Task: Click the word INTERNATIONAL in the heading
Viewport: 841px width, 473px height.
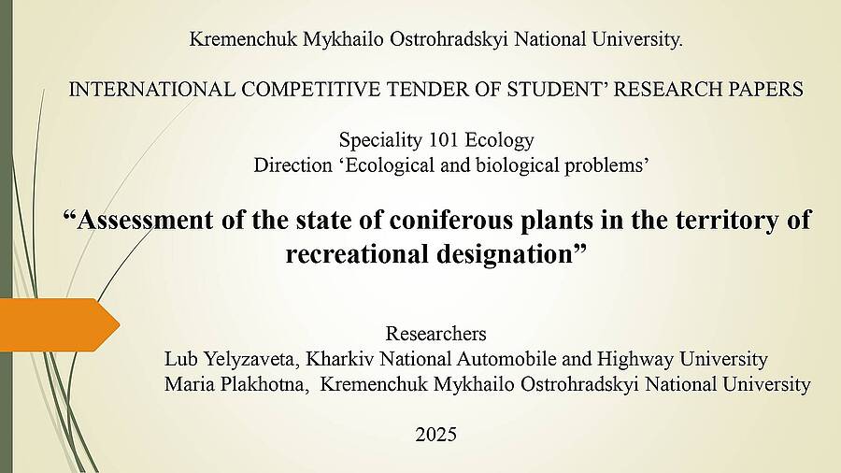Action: pos(151,89)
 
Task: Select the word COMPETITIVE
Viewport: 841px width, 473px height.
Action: pos(310,89)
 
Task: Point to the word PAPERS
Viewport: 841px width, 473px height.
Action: pos(765,89)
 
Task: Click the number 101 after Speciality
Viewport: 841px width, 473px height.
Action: pos(444,140)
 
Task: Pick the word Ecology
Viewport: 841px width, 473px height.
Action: pos(499,141)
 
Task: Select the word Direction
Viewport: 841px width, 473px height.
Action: pos(292,165)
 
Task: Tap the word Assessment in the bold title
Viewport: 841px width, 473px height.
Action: pos(145,220)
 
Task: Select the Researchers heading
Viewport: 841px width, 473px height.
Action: pos(436,334)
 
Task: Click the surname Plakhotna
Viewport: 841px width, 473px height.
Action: pos(274,384)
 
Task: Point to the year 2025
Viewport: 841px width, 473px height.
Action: pos(436,435)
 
